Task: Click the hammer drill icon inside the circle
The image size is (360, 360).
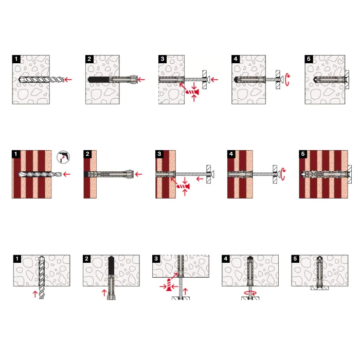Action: point(63,157)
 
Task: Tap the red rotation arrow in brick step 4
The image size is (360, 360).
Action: point(283,174)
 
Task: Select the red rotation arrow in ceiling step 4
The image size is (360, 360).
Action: point(250,293)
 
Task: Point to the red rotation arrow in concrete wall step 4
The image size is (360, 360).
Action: point(287,80)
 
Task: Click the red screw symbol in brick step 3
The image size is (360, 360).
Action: point(184,186)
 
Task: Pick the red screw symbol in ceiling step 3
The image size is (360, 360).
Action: point(169,285)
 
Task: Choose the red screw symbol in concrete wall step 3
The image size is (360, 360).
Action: point(192,92)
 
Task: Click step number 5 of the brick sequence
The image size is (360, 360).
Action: point(303,154)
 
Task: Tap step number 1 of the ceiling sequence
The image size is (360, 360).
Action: point(17,259)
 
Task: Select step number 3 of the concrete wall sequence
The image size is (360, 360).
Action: point(163,59)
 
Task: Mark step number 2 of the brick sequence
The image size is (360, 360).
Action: point(87,154)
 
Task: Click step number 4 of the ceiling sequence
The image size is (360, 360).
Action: point(226,259)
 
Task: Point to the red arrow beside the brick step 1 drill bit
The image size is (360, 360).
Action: point(67,174)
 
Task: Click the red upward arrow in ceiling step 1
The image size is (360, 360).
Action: point(35,294)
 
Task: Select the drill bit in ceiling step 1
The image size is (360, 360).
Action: point(41,277)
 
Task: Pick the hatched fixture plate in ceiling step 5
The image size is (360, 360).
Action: point(320,288)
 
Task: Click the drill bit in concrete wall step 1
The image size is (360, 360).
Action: point(41,80)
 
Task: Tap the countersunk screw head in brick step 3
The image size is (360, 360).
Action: point(212,174)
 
